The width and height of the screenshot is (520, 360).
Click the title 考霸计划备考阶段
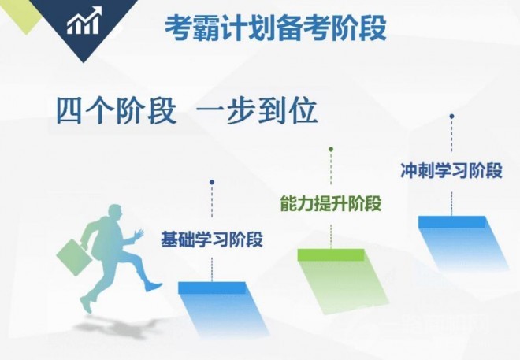tap(275, 28)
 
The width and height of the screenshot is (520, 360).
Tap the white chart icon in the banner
tap(83, 24)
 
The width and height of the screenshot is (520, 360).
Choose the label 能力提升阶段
tap(330, 203)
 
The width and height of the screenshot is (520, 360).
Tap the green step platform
tap(331, 254)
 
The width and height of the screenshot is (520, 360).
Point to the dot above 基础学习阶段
tap(212, 182)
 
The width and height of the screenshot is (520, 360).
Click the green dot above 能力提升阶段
tap(331, 149)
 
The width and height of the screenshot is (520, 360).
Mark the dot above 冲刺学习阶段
tap(451, 116)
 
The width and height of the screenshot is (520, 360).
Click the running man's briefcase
tap(70, 253)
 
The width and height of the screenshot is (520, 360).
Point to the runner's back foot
tap(85, 304)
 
